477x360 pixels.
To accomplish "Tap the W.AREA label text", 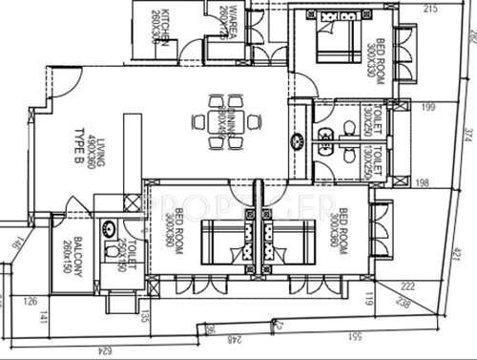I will click(226, 20).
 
